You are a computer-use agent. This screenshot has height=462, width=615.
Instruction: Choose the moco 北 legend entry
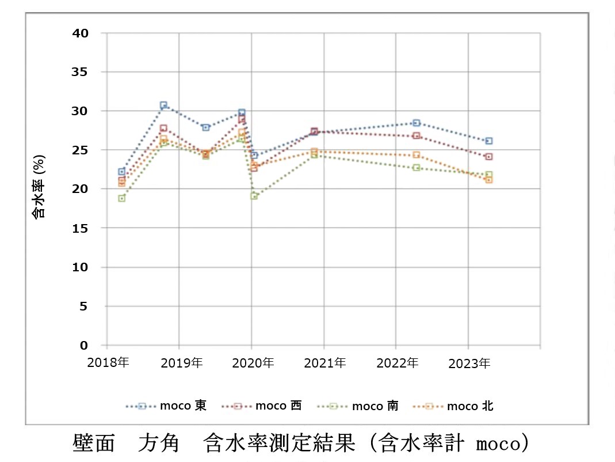tap(454, 406)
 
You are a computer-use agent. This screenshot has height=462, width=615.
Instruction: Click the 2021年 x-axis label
tap(323, 363)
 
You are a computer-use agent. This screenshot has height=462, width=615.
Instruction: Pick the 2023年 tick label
tap(468, 363)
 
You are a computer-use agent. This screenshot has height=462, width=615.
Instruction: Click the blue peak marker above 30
tap(163, 105)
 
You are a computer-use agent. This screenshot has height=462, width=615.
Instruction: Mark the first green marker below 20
tap(121, 198)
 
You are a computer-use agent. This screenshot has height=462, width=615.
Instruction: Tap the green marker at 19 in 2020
tap(254, 196)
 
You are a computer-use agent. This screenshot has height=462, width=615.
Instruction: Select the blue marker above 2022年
tap(417, 123)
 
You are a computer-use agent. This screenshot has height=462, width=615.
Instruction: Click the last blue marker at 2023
tap(488, 141)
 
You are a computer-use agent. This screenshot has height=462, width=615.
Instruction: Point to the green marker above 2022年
tap(417, 168)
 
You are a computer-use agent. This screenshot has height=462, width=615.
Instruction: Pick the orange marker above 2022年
tap(417, 155)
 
